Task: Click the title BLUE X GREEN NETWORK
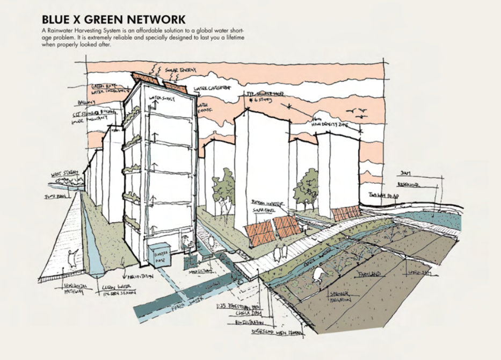click(113, 20)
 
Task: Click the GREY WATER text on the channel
click(316, 263)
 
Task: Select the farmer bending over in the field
click(317, 275)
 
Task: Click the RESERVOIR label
click(409, 184)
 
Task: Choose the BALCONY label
click(86, 102)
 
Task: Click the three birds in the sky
click(358, 112)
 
